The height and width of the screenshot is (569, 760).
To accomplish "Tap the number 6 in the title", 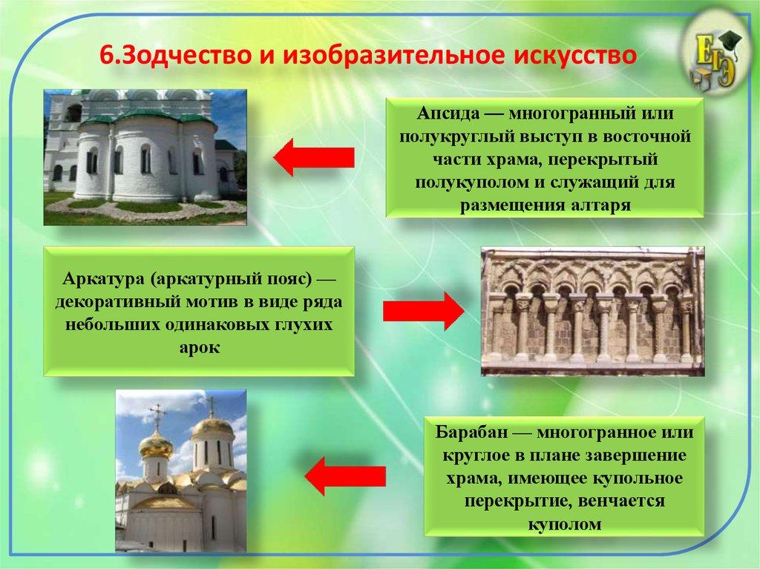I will (x=106, y=55).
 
